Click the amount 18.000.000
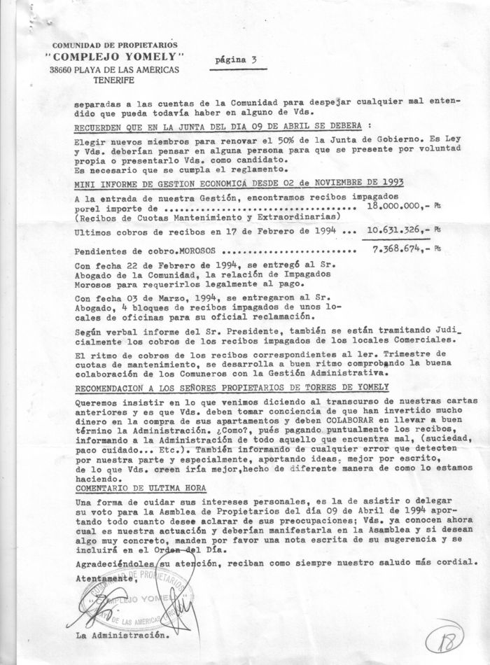395,207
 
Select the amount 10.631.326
395,229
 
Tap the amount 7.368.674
398,250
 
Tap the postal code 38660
64,69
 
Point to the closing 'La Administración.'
122,636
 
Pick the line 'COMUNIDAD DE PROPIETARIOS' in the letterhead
112,45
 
